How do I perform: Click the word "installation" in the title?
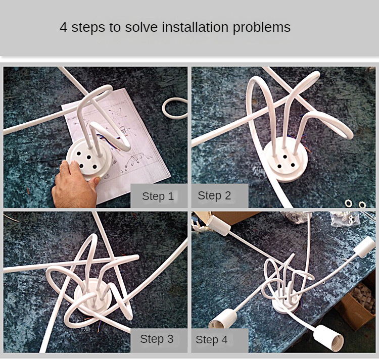coord(195,27)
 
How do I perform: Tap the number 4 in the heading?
coord(63,27)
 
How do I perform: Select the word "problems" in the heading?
coord(262,28)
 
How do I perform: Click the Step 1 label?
coord(158,196)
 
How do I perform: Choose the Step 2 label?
coord(214,195)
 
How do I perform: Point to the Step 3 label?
coord(157,339)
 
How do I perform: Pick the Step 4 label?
coord(212,340)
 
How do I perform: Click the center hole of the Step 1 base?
coord(89,158)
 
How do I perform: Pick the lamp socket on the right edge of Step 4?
coord(365,246)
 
